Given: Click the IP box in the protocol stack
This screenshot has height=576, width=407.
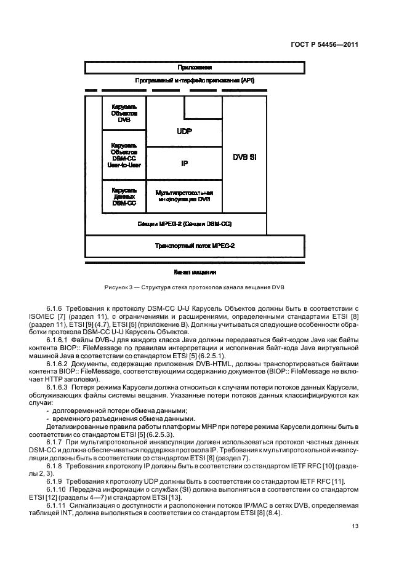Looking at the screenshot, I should coord(183,164).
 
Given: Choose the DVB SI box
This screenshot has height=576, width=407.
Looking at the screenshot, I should coord(244,156).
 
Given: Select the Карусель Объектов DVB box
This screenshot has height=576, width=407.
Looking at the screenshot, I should coord(124,113).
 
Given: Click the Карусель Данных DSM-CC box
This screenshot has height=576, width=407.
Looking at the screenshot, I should coord(124,197).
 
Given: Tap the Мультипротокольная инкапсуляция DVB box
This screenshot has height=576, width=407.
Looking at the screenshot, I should coord(183,196).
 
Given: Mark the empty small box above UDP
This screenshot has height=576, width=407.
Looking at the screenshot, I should coord(203,108).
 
